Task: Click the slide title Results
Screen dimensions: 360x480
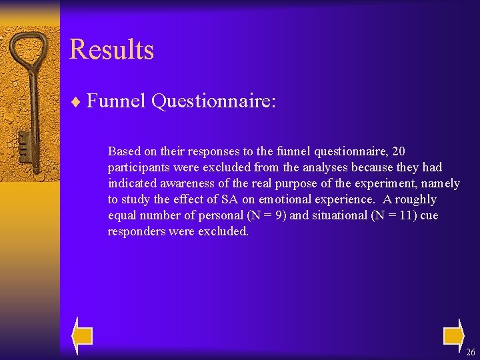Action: tap(111, 50)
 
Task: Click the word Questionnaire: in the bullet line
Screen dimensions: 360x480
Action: tap(213, 101)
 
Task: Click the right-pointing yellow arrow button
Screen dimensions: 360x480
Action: tap(454, 335)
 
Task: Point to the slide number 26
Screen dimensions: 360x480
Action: tap(471, 352)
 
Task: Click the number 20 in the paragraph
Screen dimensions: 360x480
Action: tap(398, 151)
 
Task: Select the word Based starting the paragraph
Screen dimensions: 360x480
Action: tap(124, 151)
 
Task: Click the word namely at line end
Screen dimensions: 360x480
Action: tap(440, 183)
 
